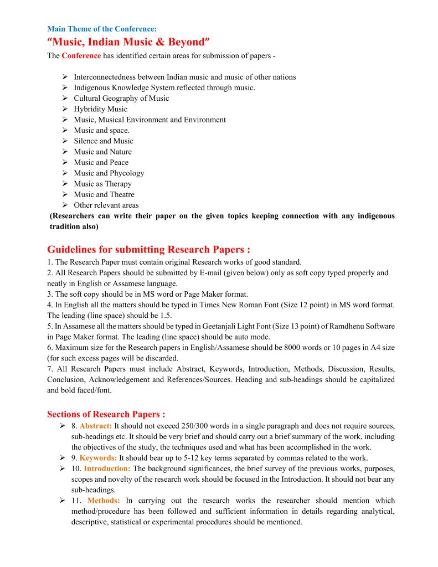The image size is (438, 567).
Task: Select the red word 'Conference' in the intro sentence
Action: tap(81, 56)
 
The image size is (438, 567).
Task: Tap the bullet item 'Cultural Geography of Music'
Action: tap(121, 99)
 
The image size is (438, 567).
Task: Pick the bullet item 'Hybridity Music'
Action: tap(100, 109)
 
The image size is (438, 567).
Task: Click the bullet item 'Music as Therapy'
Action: tap(102, 184)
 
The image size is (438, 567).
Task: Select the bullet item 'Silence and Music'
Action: tap(104, 141)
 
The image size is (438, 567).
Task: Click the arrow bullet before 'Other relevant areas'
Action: tap(64, 205)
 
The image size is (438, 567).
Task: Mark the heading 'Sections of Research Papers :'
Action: tap(106, 414)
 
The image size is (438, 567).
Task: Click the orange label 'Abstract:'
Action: tap(96, 426)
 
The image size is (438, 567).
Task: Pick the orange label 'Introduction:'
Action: tap(107, 469)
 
